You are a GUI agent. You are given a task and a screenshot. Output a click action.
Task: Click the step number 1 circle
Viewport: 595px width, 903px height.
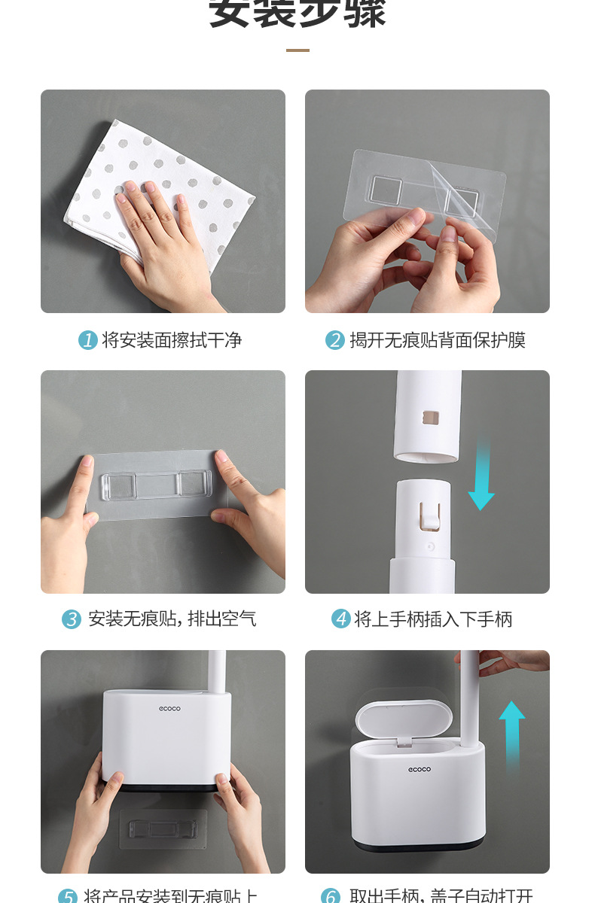click(x=88, y=340)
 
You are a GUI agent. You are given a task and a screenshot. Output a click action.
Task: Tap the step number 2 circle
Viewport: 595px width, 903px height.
click(x=335, y=340)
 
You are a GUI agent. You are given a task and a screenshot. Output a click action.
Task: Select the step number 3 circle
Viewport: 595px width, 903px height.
click(x=72, y=619)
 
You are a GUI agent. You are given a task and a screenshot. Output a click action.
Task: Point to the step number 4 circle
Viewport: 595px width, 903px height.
click(x=341, y=619)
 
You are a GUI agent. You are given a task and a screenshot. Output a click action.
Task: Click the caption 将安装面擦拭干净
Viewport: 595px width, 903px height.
click(x=172, y=340)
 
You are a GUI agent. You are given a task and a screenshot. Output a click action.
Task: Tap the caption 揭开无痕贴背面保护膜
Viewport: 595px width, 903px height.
click(x=438, y=340)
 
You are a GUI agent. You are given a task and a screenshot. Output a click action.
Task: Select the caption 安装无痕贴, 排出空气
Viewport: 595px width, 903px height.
click(x=172, y=619)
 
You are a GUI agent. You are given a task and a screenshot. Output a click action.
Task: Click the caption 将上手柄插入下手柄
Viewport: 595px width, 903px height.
click(x=433, y=619)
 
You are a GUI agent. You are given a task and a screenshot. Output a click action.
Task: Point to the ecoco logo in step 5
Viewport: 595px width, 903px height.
click(x=169, y=708)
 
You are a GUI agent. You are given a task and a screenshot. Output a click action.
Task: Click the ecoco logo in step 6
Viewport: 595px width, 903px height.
click(x=420, y=769)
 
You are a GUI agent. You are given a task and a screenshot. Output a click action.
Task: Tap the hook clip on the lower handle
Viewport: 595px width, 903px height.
click(x=429, y=515)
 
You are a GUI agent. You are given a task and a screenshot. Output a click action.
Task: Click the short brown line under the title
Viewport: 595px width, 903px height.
click(x=297, y=50)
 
